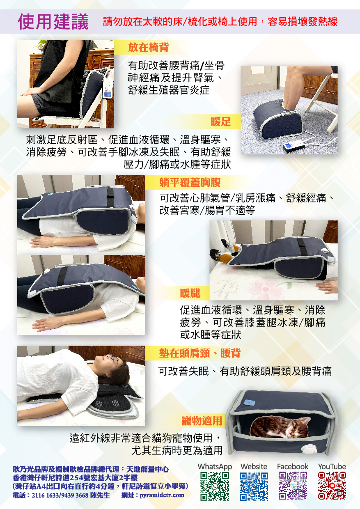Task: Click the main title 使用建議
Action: point(53,22)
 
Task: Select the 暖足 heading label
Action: point(220,122)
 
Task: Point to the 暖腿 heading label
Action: point(190,293)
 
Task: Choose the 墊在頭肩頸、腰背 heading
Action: point(199,353)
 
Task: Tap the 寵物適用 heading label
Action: point(202,420)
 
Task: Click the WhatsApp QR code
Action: point(214,486)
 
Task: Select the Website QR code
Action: point(254,486)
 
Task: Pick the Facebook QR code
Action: point(293,486)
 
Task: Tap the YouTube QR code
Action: point(332,486)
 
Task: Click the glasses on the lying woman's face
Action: point(114,360)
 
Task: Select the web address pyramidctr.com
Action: point(162,495)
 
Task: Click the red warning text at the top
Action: point(220,22)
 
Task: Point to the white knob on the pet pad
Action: point(308,449)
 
